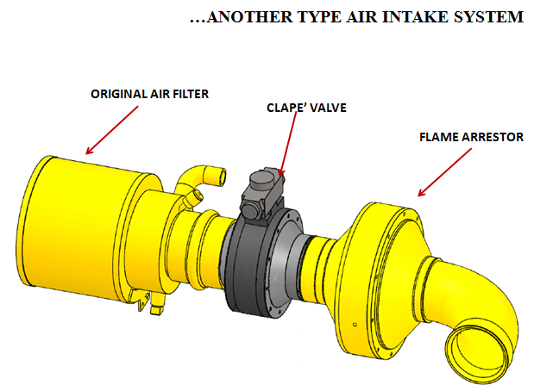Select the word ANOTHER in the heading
point(250,16)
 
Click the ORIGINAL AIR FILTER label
point(149,94)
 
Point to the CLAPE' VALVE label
point(306,108)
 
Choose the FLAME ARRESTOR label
point(471,137)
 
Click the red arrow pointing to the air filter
point(111,130)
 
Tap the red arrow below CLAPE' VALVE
point(287,145)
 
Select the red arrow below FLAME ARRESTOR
point(445,172)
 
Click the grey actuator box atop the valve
point(261,193)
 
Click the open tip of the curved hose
point(221,177)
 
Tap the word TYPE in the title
point(319,16)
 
